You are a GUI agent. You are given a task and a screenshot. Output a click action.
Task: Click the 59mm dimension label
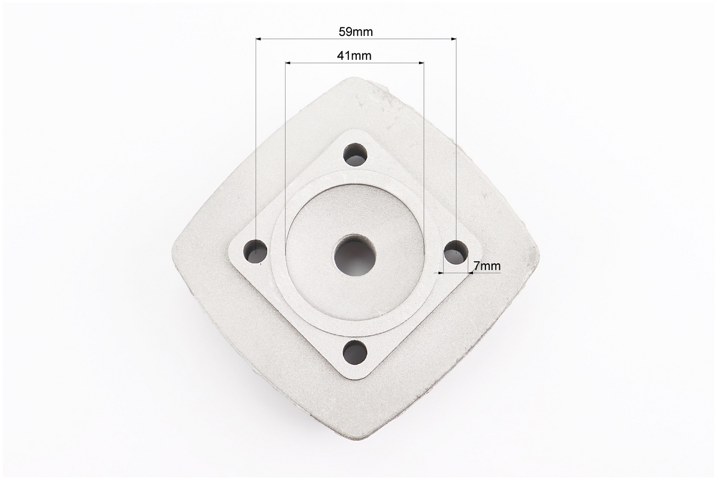pyautogui.click(x=356, y=32)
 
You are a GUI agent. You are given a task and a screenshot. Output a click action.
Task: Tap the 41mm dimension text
pyautogui.click(x=354, y=56)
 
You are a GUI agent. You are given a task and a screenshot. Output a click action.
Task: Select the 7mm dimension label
pyautogui.click(x=487, y=265)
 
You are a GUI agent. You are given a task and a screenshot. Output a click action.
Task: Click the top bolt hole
pyautogui.click(x=356, y=155)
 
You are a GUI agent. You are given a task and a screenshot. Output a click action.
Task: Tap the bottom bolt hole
pyautogui.click(x=355, y=352)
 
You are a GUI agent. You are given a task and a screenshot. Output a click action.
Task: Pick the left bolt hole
pyautogui.click(x=256, y=251)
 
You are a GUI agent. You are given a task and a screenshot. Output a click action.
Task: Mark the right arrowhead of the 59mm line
pyautogui.click(x=453, y=40)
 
